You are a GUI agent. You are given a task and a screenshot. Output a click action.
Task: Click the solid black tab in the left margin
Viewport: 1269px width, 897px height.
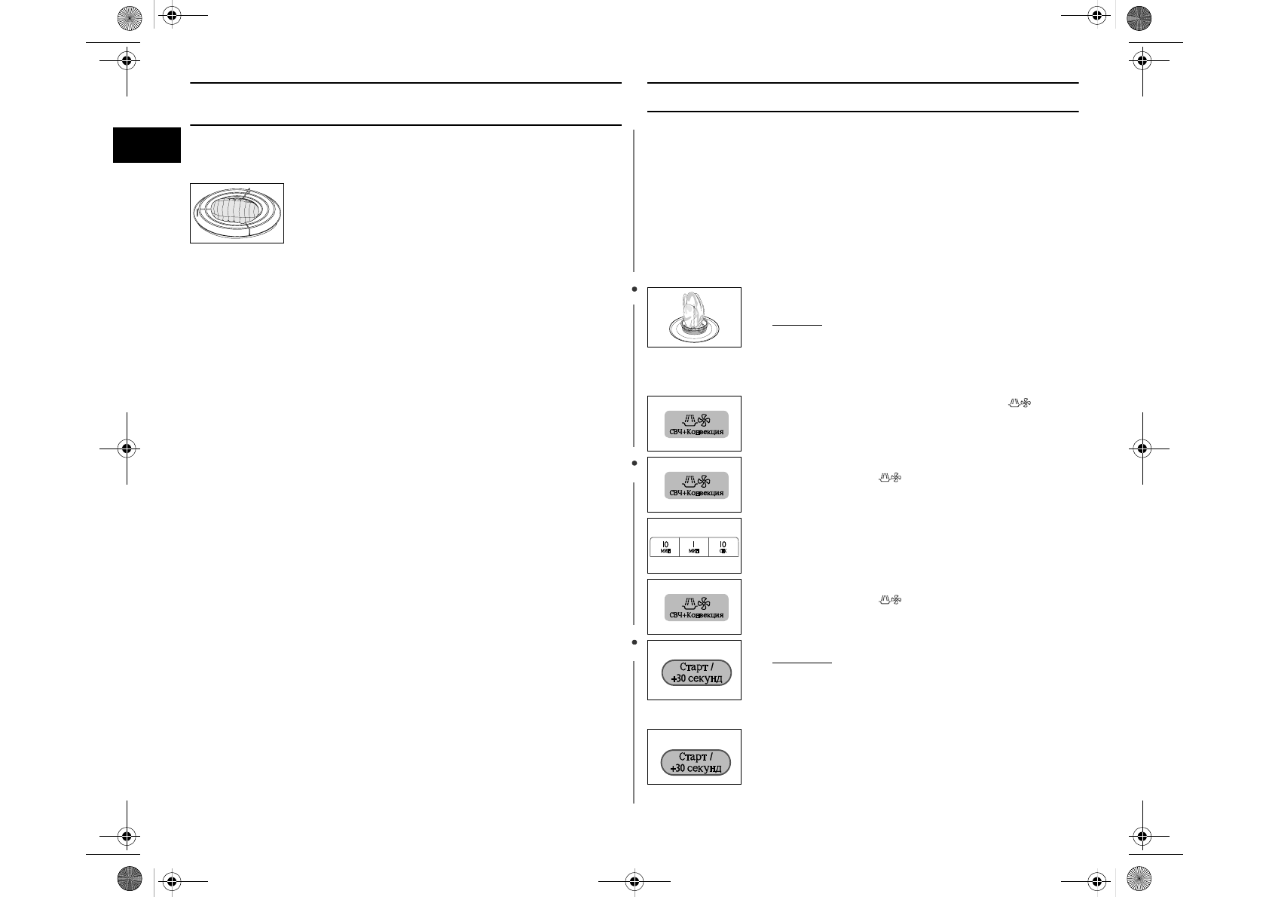click(x=147, y=145)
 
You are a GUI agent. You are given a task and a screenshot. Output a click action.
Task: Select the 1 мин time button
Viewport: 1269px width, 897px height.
click(x=694, y=547)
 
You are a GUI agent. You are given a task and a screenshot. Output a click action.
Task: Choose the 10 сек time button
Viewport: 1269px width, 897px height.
click(x=723, y=547)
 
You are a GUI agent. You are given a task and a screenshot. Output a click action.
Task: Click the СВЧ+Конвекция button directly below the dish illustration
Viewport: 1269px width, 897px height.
click(x=696, y=424)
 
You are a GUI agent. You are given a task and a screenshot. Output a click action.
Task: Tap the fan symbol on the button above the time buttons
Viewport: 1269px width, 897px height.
click(x=704, y=480)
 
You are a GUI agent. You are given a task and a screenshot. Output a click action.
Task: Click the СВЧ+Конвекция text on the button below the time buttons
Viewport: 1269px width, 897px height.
click(x=696, y=615)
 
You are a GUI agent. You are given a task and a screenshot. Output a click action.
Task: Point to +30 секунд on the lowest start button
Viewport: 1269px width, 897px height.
click(x=696, y=769)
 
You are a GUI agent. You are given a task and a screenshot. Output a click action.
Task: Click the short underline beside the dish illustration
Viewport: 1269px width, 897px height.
click(x=797, y=326)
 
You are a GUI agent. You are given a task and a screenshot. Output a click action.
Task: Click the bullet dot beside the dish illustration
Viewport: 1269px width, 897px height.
click(x=634, y=289)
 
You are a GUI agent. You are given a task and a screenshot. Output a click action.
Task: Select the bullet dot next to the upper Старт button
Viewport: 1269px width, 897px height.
click(x=634, y=642)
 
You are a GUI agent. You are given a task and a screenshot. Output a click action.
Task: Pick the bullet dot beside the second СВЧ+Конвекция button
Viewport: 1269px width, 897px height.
click(x=634, y=463)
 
